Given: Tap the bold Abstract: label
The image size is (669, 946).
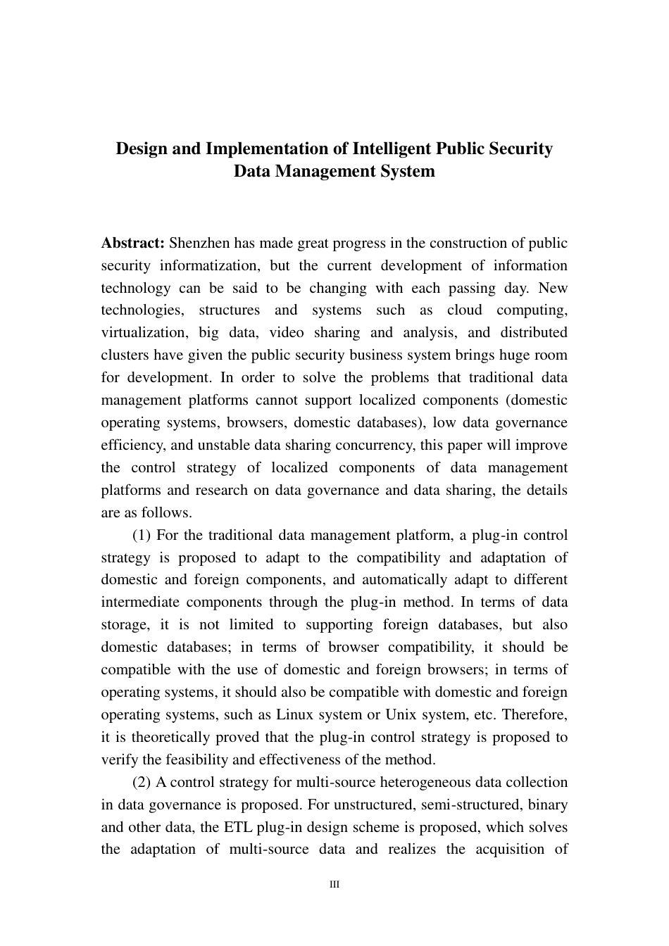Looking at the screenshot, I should point(133,244).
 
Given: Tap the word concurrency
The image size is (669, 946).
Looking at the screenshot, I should point(381,445).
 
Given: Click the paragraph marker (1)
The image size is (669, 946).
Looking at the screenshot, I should point(142,535).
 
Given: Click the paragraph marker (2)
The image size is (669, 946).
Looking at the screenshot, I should point(142,782).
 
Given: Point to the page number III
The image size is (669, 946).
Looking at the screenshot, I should point(334,884).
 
